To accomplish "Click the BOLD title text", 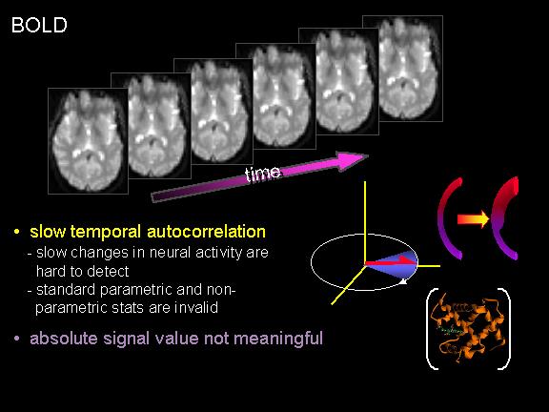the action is (x=39, y=25).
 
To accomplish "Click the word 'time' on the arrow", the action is (x=263, y=174).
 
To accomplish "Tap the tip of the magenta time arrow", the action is (x=368, y=156).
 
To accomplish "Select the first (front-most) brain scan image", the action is (x=88, y=141).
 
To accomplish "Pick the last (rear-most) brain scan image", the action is (x=402, y=69).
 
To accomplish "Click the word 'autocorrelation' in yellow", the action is (x=206, y=232).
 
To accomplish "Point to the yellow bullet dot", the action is (x=16, y=232).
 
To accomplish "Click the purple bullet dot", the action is (x=16, y=339).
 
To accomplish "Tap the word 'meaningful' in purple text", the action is (x=278, y=339).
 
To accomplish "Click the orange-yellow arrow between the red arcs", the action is (x=473, y=219).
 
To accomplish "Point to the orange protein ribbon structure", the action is (x=469, y=328).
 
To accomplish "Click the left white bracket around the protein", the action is (x=432, y=329).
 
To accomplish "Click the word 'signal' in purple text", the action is (x=127, y=340).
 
